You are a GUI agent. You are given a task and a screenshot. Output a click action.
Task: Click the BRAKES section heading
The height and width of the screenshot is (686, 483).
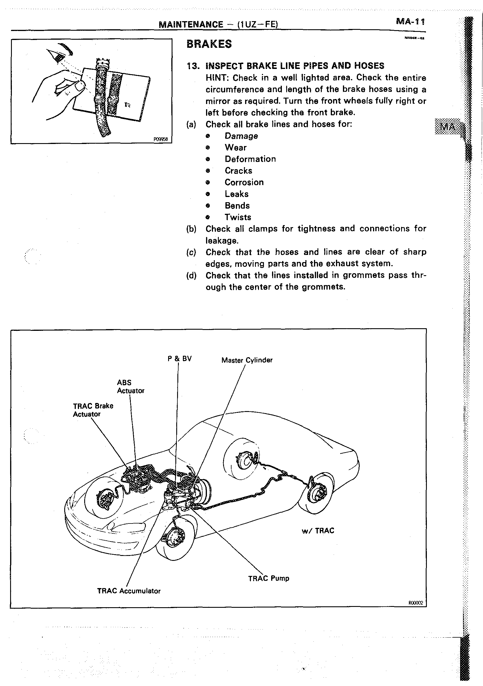click(x=209, y=44)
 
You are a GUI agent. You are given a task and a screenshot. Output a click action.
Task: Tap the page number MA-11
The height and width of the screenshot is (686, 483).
click(x=410, y=22)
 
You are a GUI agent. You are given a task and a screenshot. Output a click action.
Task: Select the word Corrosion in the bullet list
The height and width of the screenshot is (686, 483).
click(x=244, y=182)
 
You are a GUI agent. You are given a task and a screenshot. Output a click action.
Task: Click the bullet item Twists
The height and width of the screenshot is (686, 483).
click(x=238, y=217)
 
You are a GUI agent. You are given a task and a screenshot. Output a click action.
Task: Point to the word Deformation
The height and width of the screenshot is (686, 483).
click(x=250, y=159)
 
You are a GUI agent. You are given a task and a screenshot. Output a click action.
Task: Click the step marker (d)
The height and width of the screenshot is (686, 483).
click(x=191, y=275)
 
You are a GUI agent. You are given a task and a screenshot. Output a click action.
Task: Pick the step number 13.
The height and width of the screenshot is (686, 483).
click(x=193, y=66)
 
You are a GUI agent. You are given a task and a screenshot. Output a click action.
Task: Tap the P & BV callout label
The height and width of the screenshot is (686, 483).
click(x=179, y=359)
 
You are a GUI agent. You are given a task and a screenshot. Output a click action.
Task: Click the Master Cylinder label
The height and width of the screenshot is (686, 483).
click(x=247, y=360)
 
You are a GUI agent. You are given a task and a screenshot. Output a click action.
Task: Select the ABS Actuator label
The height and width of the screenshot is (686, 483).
click(x=131, y=387)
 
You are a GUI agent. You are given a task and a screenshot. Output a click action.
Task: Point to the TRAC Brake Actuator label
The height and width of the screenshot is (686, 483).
click(x=93, y=410)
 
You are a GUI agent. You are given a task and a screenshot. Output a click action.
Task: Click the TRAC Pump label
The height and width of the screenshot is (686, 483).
click(x=269, y=578)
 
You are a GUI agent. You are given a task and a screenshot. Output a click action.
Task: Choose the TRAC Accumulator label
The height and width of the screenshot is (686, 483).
click(x=129, y=591)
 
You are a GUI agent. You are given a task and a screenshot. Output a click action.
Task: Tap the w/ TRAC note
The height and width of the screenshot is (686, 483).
click(x=318, y=531)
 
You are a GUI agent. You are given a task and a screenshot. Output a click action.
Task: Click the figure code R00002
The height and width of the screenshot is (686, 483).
click(x=416, y=603)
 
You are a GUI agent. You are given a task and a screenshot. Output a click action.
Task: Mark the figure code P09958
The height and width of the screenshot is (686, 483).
click(x=161, y=139)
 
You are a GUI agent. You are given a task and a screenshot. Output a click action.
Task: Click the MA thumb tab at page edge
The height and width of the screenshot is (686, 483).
click(x=448, y=127)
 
